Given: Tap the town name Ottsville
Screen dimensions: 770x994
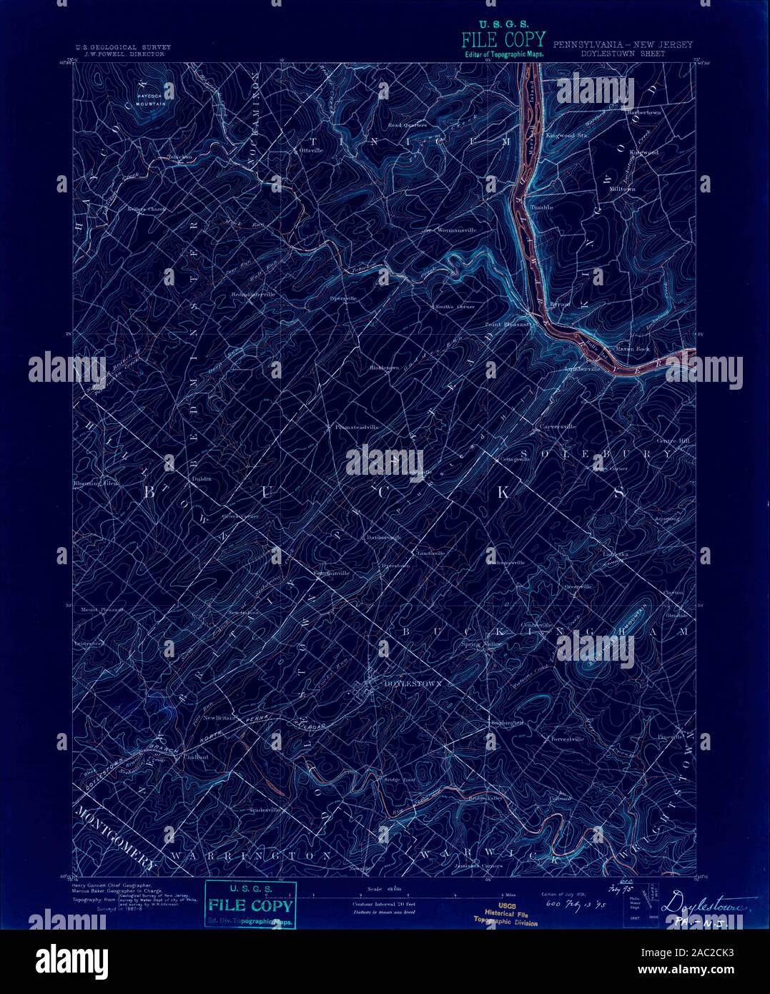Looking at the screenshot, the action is (x=312, y=151).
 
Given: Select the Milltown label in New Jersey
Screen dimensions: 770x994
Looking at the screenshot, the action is (x=621, y=188).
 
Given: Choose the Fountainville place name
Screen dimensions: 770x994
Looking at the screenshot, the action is (x=330, y=573).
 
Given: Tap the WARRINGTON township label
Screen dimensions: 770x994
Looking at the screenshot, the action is (x=251, y=855).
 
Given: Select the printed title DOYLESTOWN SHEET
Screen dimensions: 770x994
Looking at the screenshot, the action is (x=622, y=54).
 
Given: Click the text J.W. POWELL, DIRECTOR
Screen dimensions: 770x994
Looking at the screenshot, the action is (x=124, y=54).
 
